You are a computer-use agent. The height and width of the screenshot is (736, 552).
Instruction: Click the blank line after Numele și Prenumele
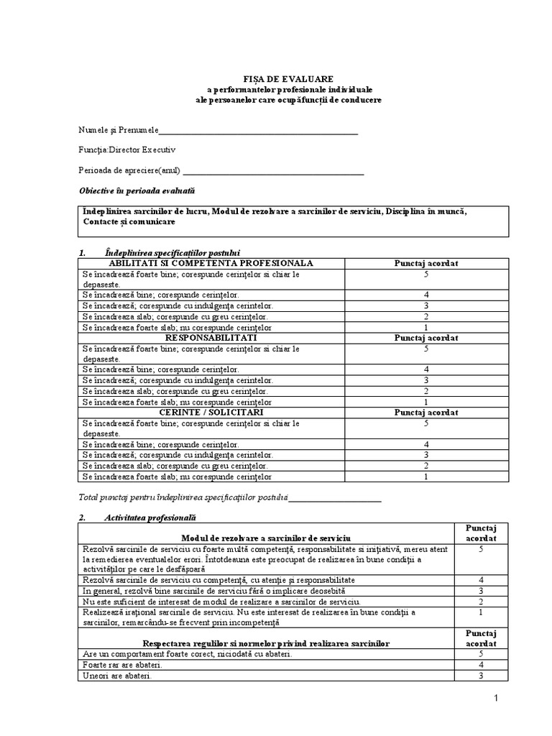[258, 132]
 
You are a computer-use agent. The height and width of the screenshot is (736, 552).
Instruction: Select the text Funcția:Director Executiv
[126, 150]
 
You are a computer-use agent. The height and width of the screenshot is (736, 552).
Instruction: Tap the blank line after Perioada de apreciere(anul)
[274, 172]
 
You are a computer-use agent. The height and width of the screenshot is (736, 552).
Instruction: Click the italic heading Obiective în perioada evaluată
[136, 191]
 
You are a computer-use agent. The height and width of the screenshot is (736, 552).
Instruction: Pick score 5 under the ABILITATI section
[426, 274]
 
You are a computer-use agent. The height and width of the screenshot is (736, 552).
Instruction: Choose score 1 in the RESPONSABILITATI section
[426, 402]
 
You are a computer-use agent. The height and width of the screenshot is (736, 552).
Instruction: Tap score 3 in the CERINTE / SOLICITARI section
[426, 455]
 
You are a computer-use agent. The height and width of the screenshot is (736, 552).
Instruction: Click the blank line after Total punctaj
[335, 497]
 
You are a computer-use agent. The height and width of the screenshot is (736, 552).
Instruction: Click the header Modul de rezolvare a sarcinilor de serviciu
[266, 538]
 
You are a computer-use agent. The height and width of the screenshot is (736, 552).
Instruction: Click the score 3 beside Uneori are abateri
[480, 676]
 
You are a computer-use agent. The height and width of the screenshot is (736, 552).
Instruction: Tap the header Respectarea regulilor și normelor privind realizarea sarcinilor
[266, 644]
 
